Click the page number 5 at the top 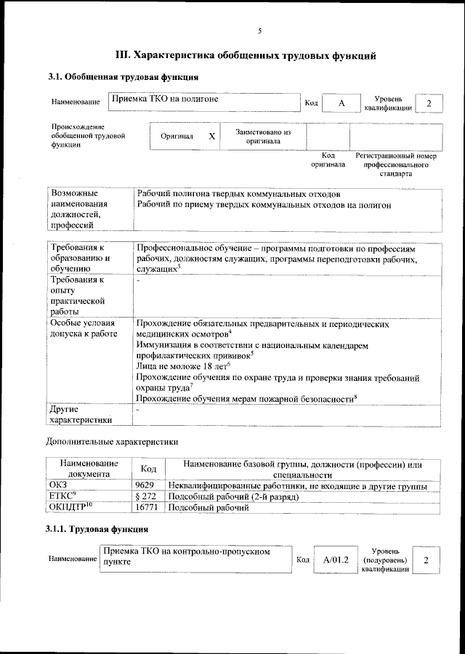point(259,31)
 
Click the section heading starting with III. point(246,55)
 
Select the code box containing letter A point(341,103)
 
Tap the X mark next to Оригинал point(211,137)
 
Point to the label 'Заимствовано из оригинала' point(262,137)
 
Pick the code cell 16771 point(147,507)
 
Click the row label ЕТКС point(62,496)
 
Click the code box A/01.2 point(336,560)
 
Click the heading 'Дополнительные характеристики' point(112,441)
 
